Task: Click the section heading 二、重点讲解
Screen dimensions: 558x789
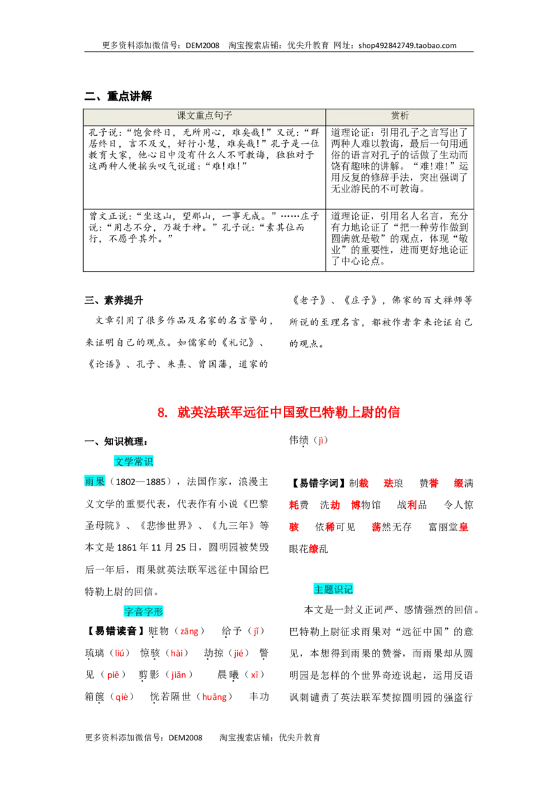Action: coord(119,96)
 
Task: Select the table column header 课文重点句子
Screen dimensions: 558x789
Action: coord(204,116)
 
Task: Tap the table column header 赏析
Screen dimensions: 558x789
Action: coord(400,116)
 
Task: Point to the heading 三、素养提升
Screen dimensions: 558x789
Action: coord(114,300)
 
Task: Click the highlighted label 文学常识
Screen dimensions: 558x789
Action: coord(133,461)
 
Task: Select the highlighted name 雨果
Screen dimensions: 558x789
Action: coord(95,482)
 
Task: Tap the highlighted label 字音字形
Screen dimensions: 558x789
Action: coord(144,611)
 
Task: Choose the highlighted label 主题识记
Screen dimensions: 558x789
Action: coord(333,589)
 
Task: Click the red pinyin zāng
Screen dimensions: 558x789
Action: coord(189,631)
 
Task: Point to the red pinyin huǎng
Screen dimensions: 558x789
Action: coord(215,697)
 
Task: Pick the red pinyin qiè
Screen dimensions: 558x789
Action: coord(122,697)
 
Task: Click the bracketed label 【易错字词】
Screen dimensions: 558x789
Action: coord(319,484)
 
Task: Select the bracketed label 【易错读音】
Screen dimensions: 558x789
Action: coord(114,631)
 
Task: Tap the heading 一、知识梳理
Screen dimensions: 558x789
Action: coord(116,442)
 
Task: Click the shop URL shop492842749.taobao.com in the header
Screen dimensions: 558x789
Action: coord(407,45)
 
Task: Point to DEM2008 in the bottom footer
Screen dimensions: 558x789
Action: coord(186,737)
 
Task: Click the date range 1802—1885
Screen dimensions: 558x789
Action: coord(140,482)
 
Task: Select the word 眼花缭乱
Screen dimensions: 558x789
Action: coord(309,549)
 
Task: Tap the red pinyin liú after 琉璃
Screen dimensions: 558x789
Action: coord(119,653)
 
